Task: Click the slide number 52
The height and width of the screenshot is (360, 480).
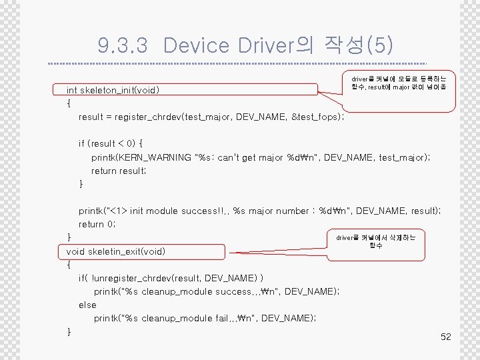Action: (x=446, y=337)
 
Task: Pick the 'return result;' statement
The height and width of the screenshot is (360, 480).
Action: (x=118, y=171)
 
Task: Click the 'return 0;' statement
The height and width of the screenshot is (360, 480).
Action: (x=97, y=225)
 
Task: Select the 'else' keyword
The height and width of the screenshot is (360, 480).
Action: (x=87, y=305)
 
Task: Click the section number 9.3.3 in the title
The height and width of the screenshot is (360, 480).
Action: (x=123, y=45)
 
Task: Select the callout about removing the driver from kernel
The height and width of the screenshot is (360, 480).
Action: (x=375, y=241)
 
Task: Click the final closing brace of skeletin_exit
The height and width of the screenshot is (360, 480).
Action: (x=69, y=331)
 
